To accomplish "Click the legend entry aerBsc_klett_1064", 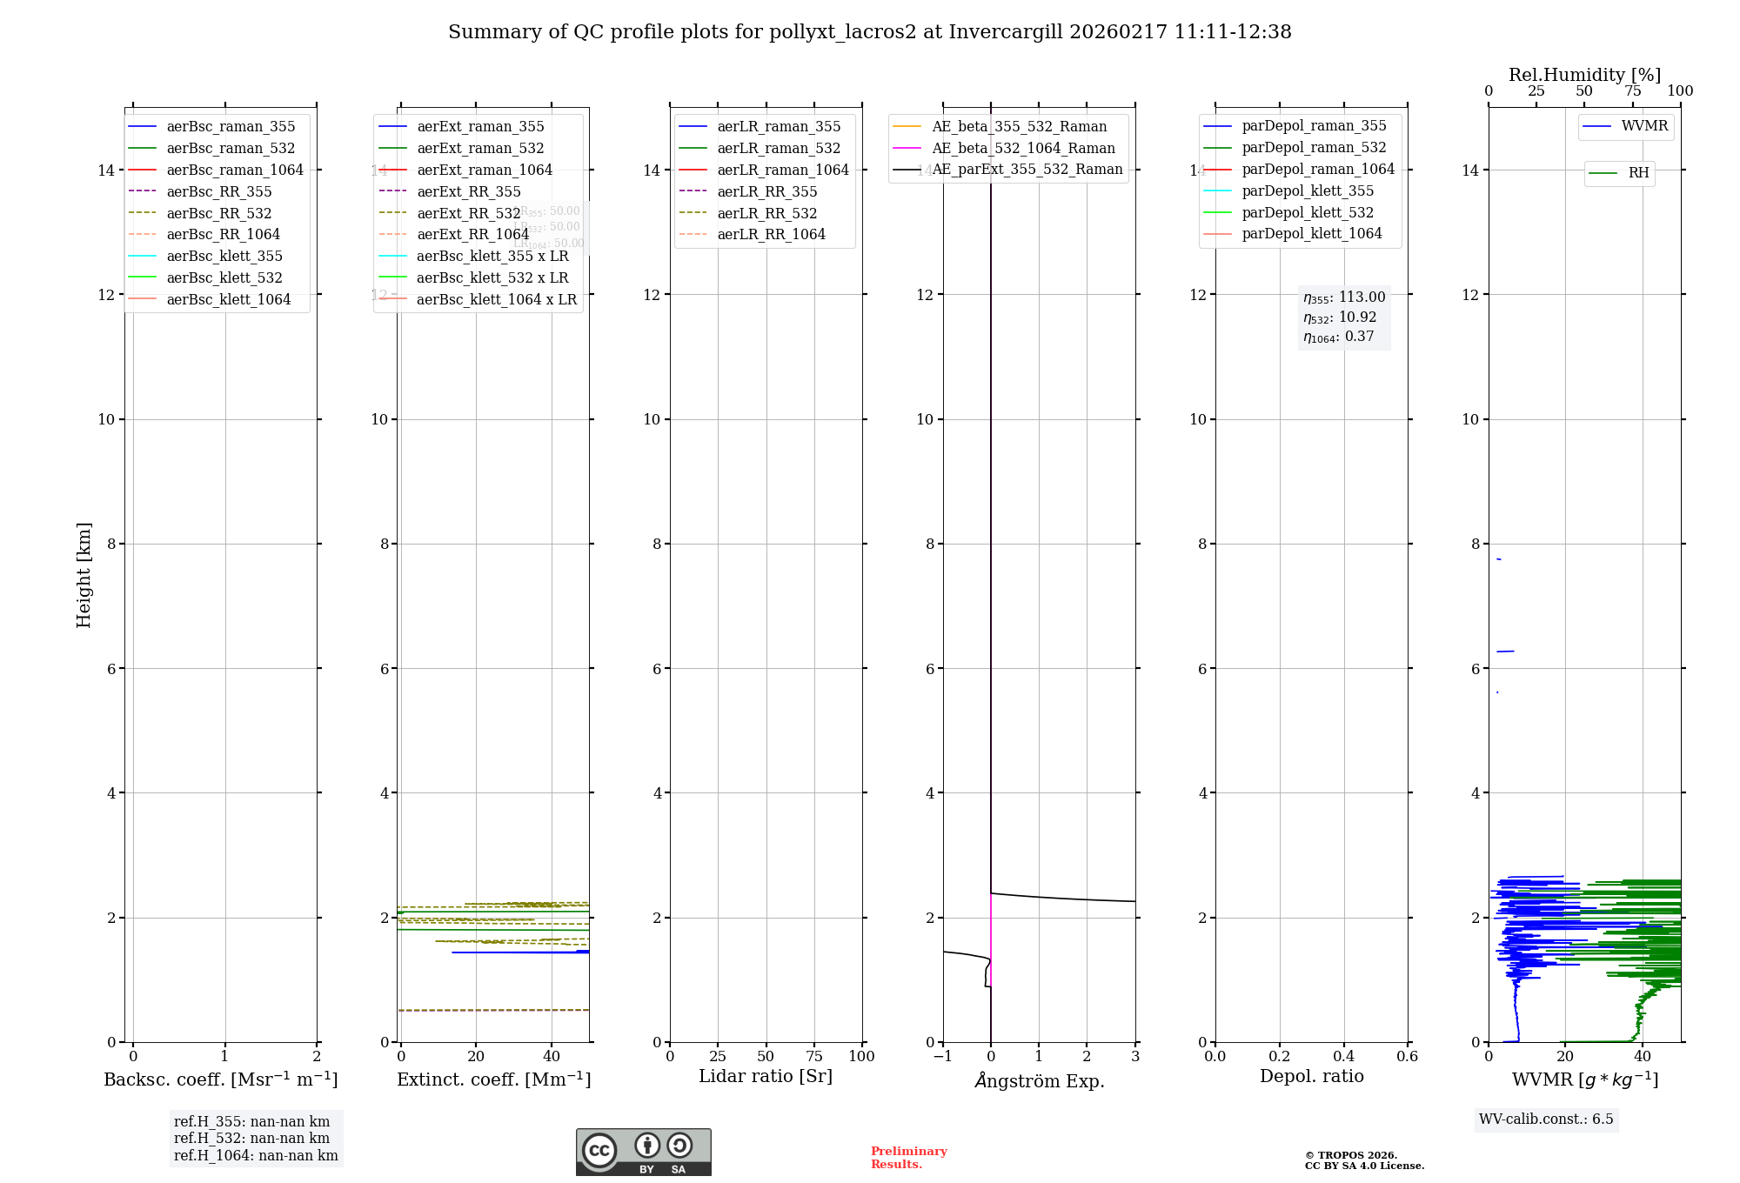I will click(228, 299).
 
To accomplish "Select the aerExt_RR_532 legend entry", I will click(468, 213).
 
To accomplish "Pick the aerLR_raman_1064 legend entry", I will click(782, 170).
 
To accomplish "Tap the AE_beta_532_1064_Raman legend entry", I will click(1023, 148).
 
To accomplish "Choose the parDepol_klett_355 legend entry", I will click(1308, 190).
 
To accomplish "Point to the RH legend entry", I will click(1638, 173).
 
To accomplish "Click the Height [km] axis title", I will click(84, 575).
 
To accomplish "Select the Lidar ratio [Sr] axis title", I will click(766, 1076).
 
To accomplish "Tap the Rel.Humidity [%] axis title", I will click(1584, 75).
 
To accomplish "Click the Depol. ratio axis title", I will click(1311, 1076).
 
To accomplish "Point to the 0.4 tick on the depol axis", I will click(1343, 1056).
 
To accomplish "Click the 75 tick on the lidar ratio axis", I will click(814, 1056).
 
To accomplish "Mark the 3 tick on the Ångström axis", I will click(1134, 1056).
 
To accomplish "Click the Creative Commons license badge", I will click(643, 1152).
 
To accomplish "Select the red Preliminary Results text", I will click(908, 1158).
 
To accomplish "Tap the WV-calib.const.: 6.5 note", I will click(1546, 1120).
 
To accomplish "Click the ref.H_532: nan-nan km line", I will click(251, 1139).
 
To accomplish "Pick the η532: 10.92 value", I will click(1340, 317).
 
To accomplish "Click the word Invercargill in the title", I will click(1006, 32).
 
